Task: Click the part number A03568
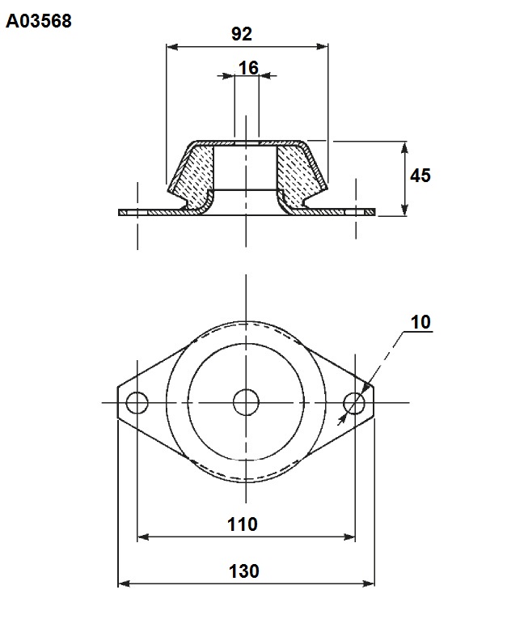(x=39, y=21)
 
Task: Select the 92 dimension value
(x=242, y=34)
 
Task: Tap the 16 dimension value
(x=248, y=68)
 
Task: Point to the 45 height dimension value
(x=420, y=176)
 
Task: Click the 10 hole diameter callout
(x=420, y=322)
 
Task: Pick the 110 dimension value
(x=243, y=524)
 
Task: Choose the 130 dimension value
(x=243, y=571)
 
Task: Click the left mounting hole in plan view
(x=137, y=402)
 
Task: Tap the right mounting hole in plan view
(x=354, y=402)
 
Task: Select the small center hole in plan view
(x=246, y=402)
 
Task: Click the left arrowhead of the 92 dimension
(x=172, y=47)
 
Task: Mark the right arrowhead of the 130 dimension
(x=369, y=583)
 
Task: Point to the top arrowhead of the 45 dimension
(x=404, y=147)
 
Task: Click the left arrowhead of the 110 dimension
(x=143, y=537)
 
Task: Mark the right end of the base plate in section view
(x=374, y=212)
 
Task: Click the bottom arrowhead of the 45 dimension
(x=404, y=210)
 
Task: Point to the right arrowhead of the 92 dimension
(x=322, y=47)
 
